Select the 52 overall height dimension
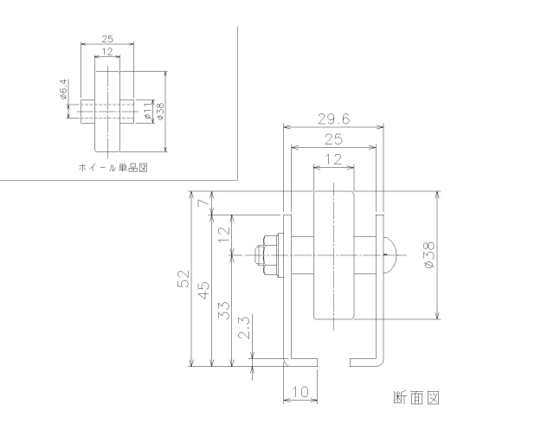click(x=184, y=279)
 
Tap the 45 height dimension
click(x=205, y=291)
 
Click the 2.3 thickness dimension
click(x=244, y=327)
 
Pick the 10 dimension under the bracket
click(x=300, y=392)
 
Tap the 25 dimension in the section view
click(x=334, y=138)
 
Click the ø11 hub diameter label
click(x=147, y=111)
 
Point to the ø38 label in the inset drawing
click(x=160, y=111)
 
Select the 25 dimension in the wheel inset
click(x=107, y=40)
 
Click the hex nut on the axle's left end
click(x=268, y=255)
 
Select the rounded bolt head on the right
click(x=388, y=254)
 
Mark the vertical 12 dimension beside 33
click(x=224, y=233)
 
